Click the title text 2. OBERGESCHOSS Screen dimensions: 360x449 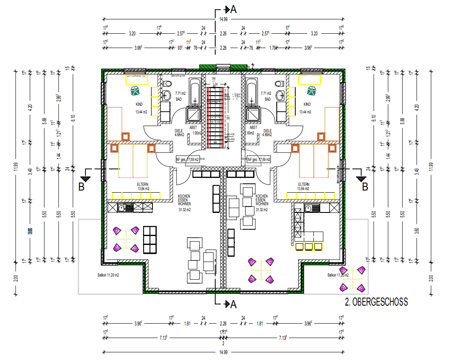click(377, 302)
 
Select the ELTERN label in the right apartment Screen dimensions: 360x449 click(303, 184)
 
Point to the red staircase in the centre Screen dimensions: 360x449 click(216, 116)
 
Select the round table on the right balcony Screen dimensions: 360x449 click(353, 278)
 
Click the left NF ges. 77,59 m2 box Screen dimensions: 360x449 click(187, 159)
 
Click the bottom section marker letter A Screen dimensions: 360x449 click(233, 304)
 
